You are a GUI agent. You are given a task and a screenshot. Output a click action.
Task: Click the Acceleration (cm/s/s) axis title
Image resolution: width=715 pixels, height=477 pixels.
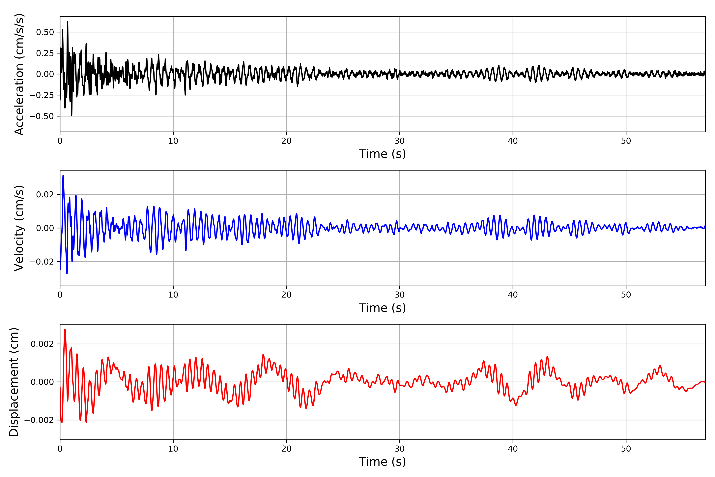tap(19, 74)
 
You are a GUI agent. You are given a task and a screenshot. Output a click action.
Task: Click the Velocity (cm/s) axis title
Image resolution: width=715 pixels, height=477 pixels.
tap(19, 228)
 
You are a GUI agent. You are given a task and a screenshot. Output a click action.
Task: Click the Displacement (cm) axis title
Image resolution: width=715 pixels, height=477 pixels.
tap(14, 382)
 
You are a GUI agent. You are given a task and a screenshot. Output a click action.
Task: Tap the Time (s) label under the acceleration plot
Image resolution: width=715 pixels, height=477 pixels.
tap(383, 154)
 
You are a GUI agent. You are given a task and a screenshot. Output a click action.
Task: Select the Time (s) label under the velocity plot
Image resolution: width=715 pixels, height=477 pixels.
tap(383, 308)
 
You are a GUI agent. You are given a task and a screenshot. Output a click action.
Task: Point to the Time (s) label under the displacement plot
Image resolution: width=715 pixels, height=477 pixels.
tap(383, 462)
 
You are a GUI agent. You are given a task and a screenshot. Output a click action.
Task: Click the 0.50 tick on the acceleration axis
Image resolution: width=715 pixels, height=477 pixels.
tap(45, 32)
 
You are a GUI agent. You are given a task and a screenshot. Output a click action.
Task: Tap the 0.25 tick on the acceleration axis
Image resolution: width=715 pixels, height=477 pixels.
tap(45, 53)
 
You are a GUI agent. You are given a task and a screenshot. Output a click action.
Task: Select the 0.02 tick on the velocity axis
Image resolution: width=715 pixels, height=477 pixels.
tap(45, 194)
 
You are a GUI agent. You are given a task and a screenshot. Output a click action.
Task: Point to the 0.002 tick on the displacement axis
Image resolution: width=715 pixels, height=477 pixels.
tap(42, 344)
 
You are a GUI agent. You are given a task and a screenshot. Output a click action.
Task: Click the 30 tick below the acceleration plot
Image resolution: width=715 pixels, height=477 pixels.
tap(399, 141)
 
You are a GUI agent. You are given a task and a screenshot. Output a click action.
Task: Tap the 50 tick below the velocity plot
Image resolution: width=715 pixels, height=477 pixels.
tap(626, 295)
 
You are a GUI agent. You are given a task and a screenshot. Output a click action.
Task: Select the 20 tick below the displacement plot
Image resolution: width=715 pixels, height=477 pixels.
tap(286, 449)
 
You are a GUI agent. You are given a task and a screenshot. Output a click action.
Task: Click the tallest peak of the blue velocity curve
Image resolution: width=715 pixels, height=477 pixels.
tap(63, 175)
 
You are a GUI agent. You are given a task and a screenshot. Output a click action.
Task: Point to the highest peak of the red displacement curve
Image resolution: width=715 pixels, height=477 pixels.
tap(65, 330)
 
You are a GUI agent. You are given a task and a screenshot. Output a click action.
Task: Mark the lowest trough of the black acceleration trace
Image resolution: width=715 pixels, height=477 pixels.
tap(72, 116)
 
